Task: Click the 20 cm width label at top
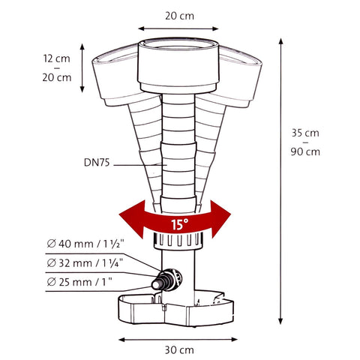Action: pos(179,15)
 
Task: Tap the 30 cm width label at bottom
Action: pos(179,349)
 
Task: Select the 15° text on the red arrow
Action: pos(179,223)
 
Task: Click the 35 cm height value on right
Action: pos(304,133)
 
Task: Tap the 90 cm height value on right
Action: pos(304,151)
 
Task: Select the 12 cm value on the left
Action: pos(57,58)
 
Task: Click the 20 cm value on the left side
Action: pos(57,76)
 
